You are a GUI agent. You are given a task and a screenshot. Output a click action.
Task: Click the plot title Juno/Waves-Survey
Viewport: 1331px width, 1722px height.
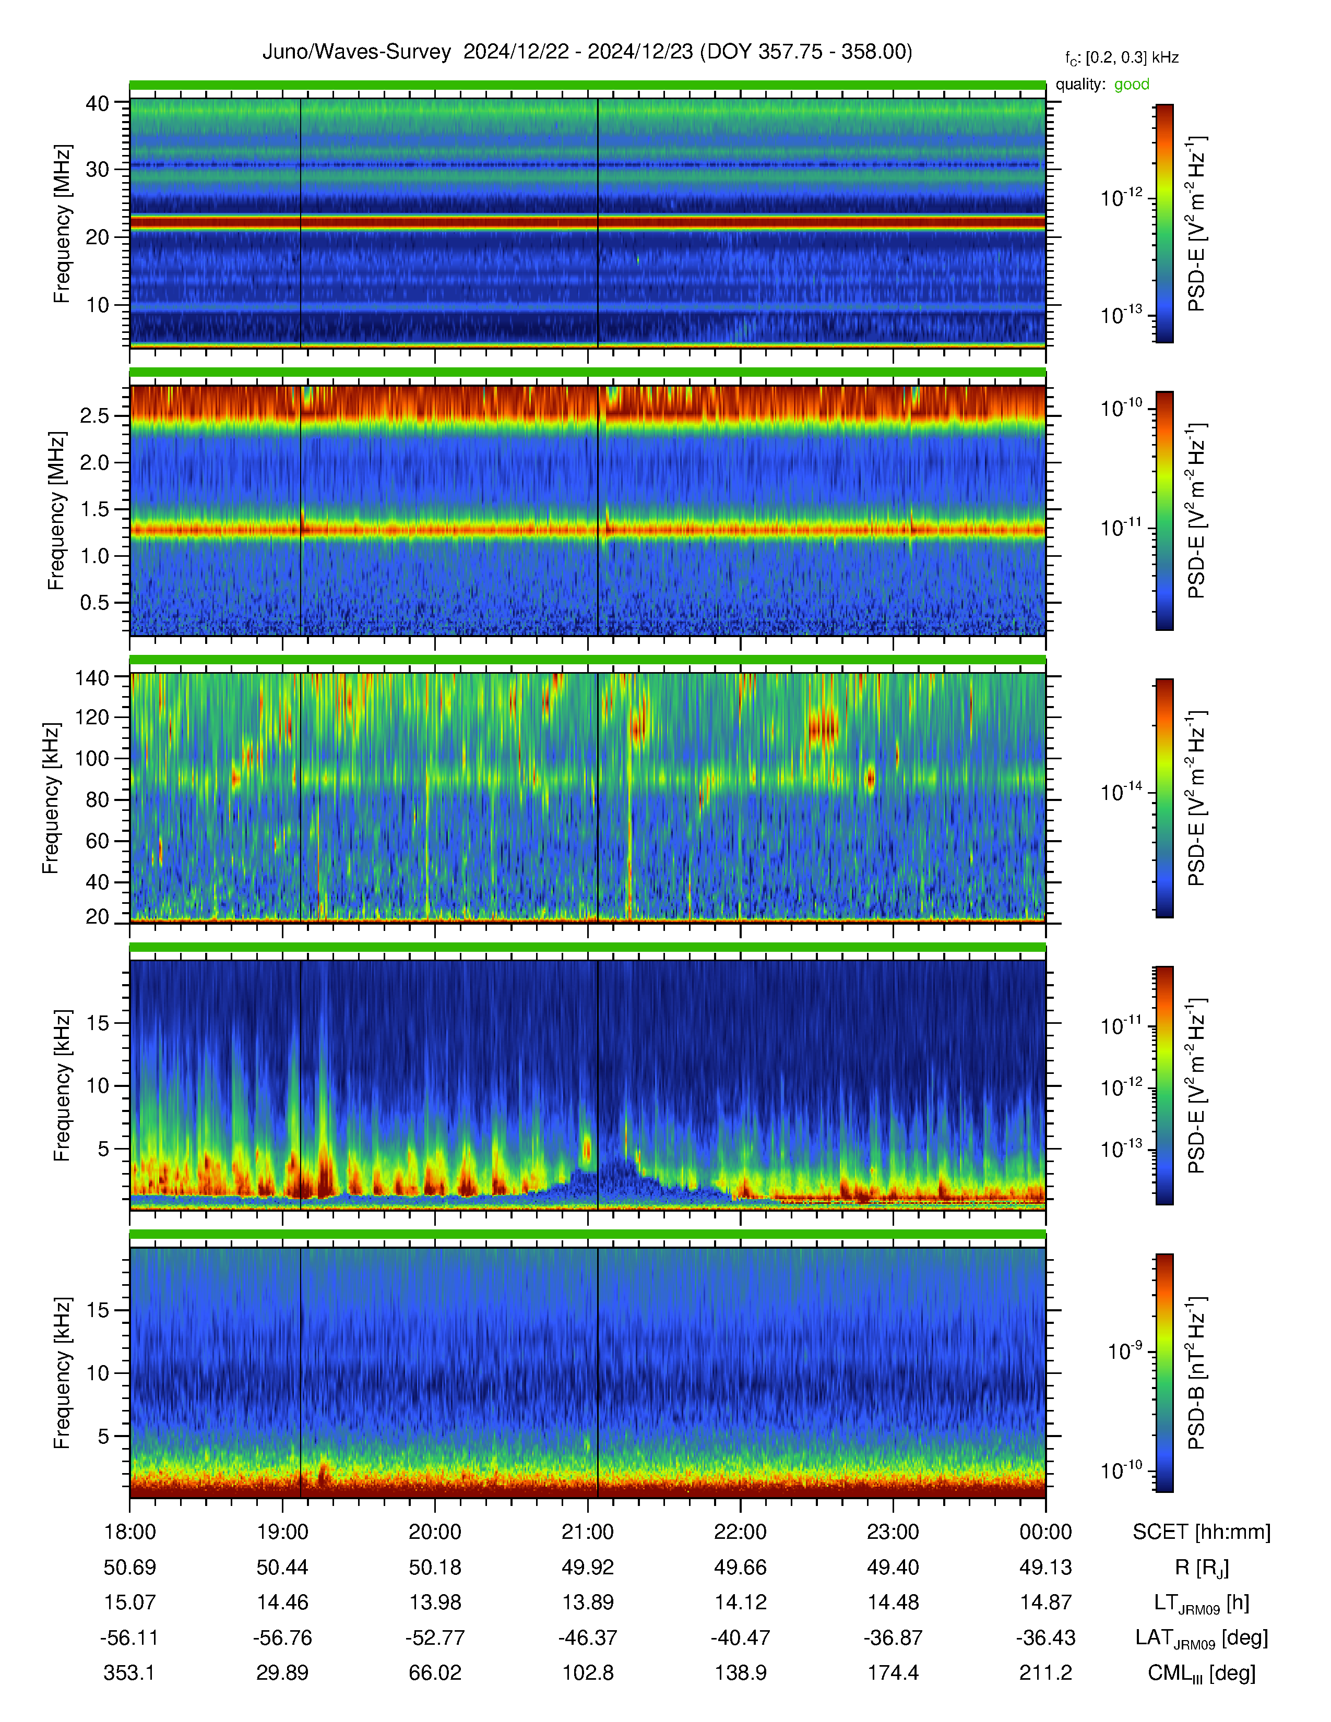[x=356, y=52]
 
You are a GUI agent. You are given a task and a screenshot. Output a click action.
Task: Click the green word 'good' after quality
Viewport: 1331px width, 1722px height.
[x=1132, y=85]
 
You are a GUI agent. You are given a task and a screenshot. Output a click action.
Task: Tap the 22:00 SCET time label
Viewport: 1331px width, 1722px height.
[x=741, y=1532]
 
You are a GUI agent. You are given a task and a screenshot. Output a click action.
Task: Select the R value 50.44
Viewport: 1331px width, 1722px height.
[x=282, y=1568]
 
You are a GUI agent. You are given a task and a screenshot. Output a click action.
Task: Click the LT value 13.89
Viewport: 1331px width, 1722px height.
[x=587, y=1602]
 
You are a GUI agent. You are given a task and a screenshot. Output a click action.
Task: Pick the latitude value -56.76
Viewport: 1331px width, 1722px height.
[x=282, y=1637]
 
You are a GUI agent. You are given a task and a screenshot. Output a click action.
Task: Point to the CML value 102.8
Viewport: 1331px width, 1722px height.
[x=587, y=1672]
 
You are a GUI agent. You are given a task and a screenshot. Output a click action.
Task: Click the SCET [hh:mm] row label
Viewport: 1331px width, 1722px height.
[x=1202, y=1532]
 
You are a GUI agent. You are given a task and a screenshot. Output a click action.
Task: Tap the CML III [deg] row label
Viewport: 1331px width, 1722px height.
[x=1202, y=1673]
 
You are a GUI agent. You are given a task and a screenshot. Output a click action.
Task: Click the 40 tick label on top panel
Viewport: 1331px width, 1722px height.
[x=97, y=103]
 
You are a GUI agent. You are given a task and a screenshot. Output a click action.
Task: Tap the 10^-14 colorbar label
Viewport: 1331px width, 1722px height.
[x=1121, y=792]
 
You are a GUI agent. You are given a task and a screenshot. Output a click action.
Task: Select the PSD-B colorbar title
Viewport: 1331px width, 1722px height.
[x=1196, y=1373]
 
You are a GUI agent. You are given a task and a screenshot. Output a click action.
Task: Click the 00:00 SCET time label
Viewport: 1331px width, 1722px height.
[x=1045, y=1532]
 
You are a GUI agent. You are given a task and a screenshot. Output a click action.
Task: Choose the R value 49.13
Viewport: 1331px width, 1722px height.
[x=1045, y=1568]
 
